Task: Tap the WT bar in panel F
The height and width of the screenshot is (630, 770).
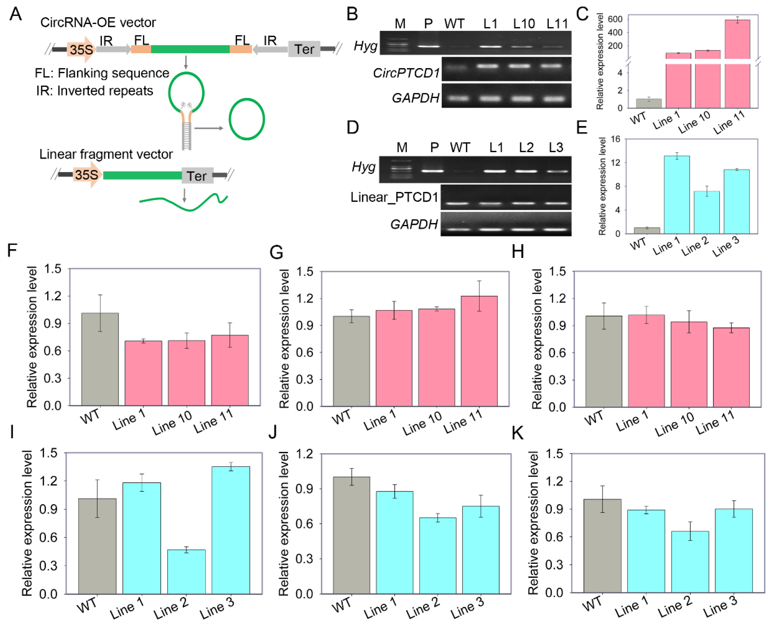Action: pyautogui.click(x=100, y=359)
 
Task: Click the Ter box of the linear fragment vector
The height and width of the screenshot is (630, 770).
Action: pyautogui.click(x=197, y=176)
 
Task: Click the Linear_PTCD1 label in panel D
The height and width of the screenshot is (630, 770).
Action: pyautogui.click(x=394, y=197)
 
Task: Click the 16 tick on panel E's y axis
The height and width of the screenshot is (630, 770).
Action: pyautogui.click(x=615, y=139)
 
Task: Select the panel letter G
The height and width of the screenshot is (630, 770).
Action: pyautogui.click(x=276, y=252)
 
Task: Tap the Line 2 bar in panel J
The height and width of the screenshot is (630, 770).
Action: pyautogui.click(x=437, y=556)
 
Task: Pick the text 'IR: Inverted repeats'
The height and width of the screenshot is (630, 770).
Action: pyautogui.click(x=94, y=91)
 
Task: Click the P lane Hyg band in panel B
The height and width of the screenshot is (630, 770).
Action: pyautogui.click(x=428, y=46)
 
